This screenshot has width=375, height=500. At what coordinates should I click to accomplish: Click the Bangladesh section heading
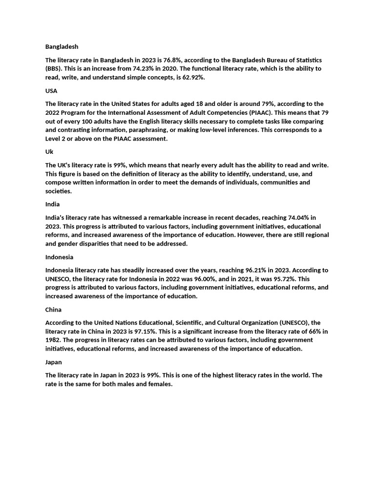[62, 47]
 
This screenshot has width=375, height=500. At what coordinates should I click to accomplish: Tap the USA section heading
[51, 91]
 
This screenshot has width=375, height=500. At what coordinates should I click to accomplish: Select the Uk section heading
[49, 152]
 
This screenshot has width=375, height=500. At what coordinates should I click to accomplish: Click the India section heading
[52, 204]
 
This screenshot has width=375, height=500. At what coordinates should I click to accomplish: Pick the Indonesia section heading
[59, 257]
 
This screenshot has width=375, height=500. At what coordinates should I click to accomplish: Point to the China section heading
[53, 310]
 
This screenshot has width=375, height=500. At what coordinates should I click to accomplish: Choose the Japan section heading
[54, 362]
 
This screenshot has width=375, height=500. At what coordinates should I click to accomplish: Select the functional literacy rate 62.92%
[190, 77]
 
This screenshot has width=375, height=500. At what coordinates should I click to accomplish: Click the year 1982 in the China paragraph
[53, 340]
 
